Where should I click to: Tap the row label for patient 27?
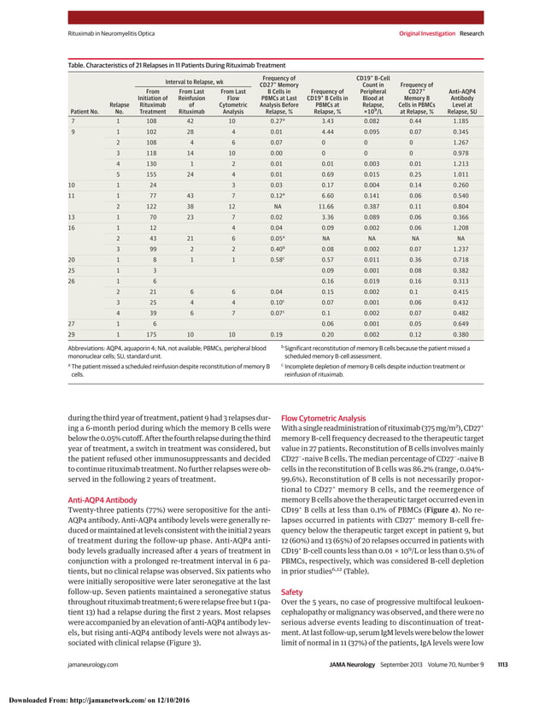pyautogui.click(x=72, y=323)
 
